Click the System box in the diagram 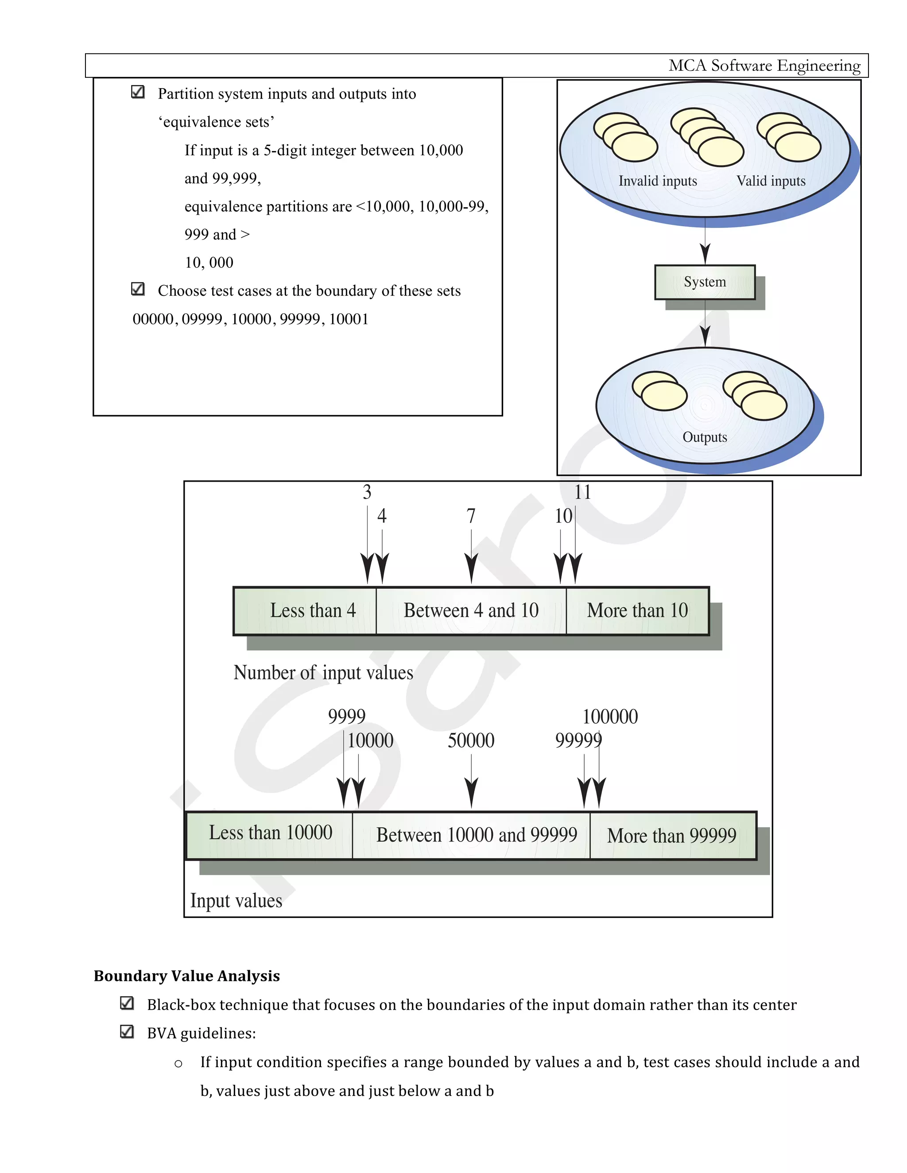[705, 282]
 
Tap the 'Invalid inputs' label [657, 181]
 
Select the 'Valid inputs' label [771, 181]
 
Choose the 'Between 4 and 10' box [471, 611]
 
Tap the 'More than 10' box [637, 611]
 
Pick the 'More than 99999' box [672, 836]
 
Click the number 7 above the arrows [471, 516]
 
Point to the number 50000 [471, 741]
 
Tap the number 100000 [610, 717]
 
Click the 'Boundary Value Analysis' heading [186, 976]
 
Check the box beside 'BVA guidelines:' [127, 1032]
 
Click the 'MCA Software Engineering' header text [764, 66]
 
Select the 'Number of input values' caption [323, 673]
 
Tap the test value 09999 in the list [202, 319]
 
